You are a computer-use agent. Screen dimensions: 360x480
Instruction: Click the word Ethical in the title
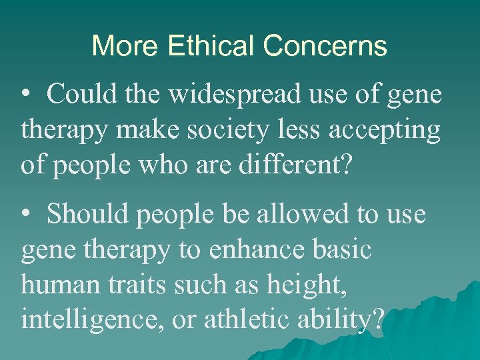tap(212, 46)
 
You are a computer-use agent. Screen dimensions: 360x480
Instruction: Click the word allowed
tap(305, 215)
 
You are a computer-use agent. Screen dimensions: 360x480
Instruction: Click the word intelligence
tap(91, 320)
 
